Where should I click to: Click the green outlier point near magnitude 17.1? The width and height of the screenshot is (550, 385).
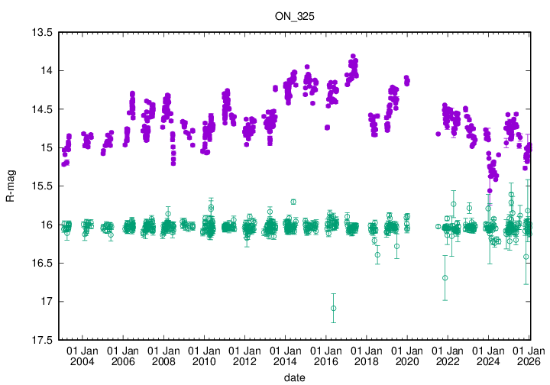tap(334, 308)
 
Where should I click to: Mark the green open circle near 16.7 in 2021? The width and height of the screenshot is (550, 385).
tap(445, 277)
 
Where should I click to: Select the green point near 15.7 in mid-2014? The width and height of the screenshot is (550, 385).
tap(293, 202)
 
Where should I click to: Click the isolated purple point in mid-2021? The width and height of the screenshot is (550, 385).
tap(438, 134)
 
